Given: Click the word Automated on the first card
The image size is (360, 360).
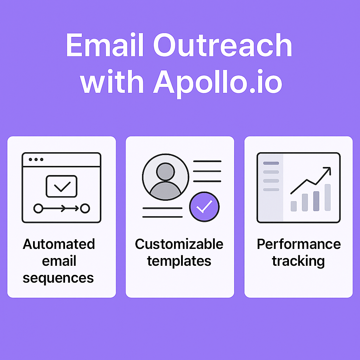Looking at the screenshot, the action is point(59,244).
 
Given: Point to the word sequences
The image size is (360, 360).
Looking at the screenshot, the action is point(58,278).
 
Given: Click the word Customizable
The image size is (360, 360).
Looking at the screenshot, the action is point(179,244).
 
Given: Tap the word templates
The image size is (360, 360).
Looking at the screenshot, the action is point(179,262).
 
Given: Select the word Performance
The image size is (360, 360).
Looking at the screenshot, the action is point(299,244).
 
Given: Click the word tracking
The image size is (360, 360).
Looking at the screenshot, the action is point(298,262).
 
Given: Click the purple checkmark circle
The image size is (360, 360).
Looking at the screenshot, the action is point(204,207).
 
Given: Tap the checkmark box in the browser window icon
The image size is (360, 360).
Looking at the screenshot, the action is point(62,186).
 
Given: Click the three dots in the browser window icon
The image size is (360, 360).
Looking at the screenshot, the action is point(36,159).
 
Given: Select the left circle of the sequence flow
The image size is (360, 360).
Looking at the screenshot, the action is point(38,208).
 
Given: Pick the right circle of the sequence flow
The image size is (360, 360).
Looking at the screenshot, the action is point(85,208).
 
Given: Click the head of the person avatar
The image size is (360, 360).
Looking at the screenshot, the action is point(166,172).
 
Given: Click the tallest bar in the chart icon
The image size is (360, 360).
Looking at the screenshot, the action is point(328,198).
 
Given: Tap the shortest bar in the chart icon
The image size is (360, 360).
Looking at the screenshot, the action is point(294,206).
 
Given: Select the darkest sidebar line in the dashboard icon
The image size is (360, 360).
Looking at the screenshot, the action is point(271,163).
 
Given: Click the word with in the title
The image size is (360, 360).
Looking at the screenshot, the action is point(112,82).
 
